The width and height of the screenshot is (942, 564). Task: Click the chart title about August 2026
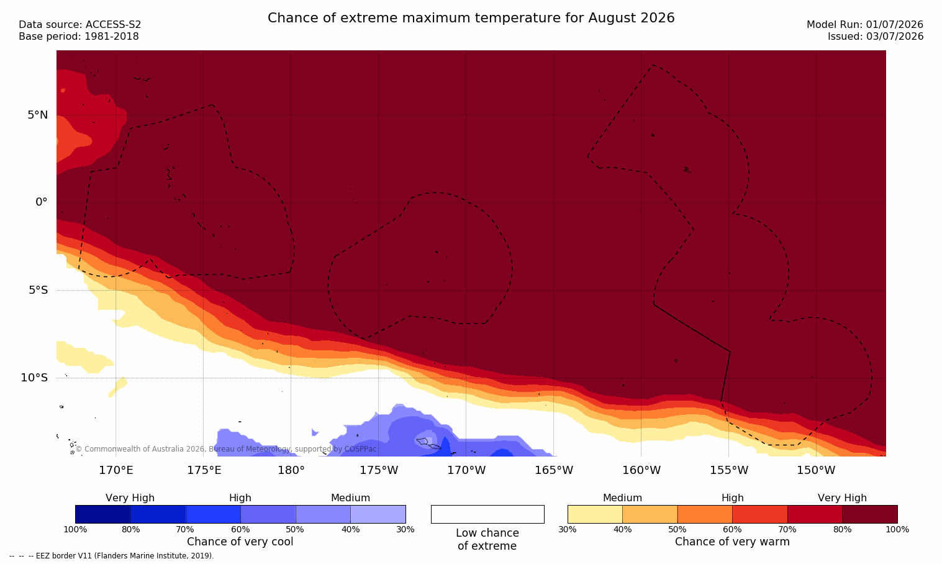pos(471,18)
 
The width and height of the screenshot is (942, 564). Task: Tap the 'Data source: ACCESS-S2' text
pos(80,25)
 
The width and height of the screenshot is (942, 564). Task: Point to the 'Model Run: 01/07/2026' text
pos(864,25)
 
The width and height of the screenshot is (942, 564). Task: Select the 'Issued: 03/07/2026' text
pos(876,37)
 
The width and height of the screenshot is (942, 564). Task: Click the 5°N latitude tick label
pos(38,115)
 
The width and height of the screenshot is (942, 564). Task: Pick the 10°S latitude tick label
pos(35,378)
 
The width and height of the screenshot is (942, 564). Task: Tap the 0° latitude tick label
pos(41,202)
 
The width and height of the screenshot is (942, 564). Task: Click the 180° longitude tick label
pos(291,470)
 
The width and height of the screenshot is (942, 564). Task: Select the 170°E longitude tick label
pos(116,470)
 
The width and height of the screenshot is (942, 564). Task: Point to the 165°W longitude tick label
pos(554,470)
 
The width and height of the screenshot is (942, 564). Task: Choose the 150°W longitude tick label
pos(817,470)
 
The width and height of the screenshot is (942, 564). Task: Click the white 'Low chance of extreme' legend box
pos(487,514)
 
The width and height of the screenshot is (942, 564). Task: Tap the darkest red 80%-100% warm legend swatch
pos(870,514)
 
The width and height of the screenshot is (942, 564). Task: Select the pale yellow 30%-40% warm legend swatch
pos(595,514)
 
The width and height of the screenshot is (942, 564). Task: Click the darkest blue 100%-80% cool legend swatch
pos(103,514)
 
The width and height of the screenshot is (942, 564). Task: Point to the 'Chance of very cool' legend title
pos(240,542)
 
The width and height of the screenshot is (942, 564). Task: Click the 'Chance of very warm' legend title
pos(732,542)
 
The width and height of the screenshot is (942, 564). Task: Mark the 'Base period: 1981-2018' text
pos(79,37)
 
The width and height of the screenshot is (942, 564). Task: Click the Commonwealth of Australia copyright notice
pos(226,449)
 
